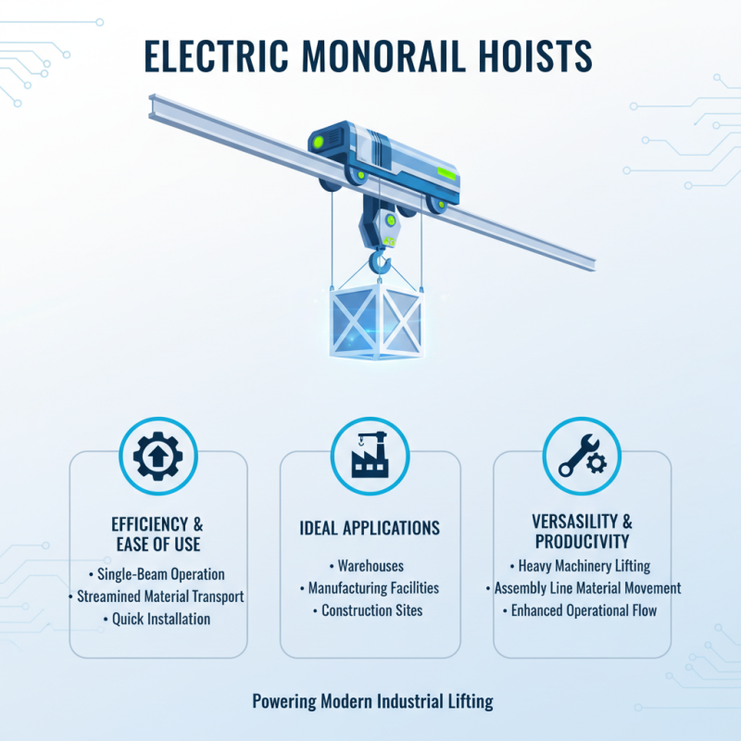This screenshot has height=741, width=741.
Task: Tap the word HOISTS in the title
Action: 534,56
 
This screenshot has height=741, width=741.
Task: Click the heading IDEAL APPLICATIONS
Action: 370,528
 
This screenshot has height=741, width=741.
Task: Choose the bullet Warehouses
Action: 370,566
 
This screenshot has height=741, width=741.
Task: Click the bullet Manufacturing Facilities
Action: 370,588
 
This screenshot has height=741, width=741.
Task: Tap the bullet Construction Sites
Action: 370,610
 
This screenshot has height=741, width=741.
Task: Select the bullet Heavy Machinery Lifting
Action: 582,566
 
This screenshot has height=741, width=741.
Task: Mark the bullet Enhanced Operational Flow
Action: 582,610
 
